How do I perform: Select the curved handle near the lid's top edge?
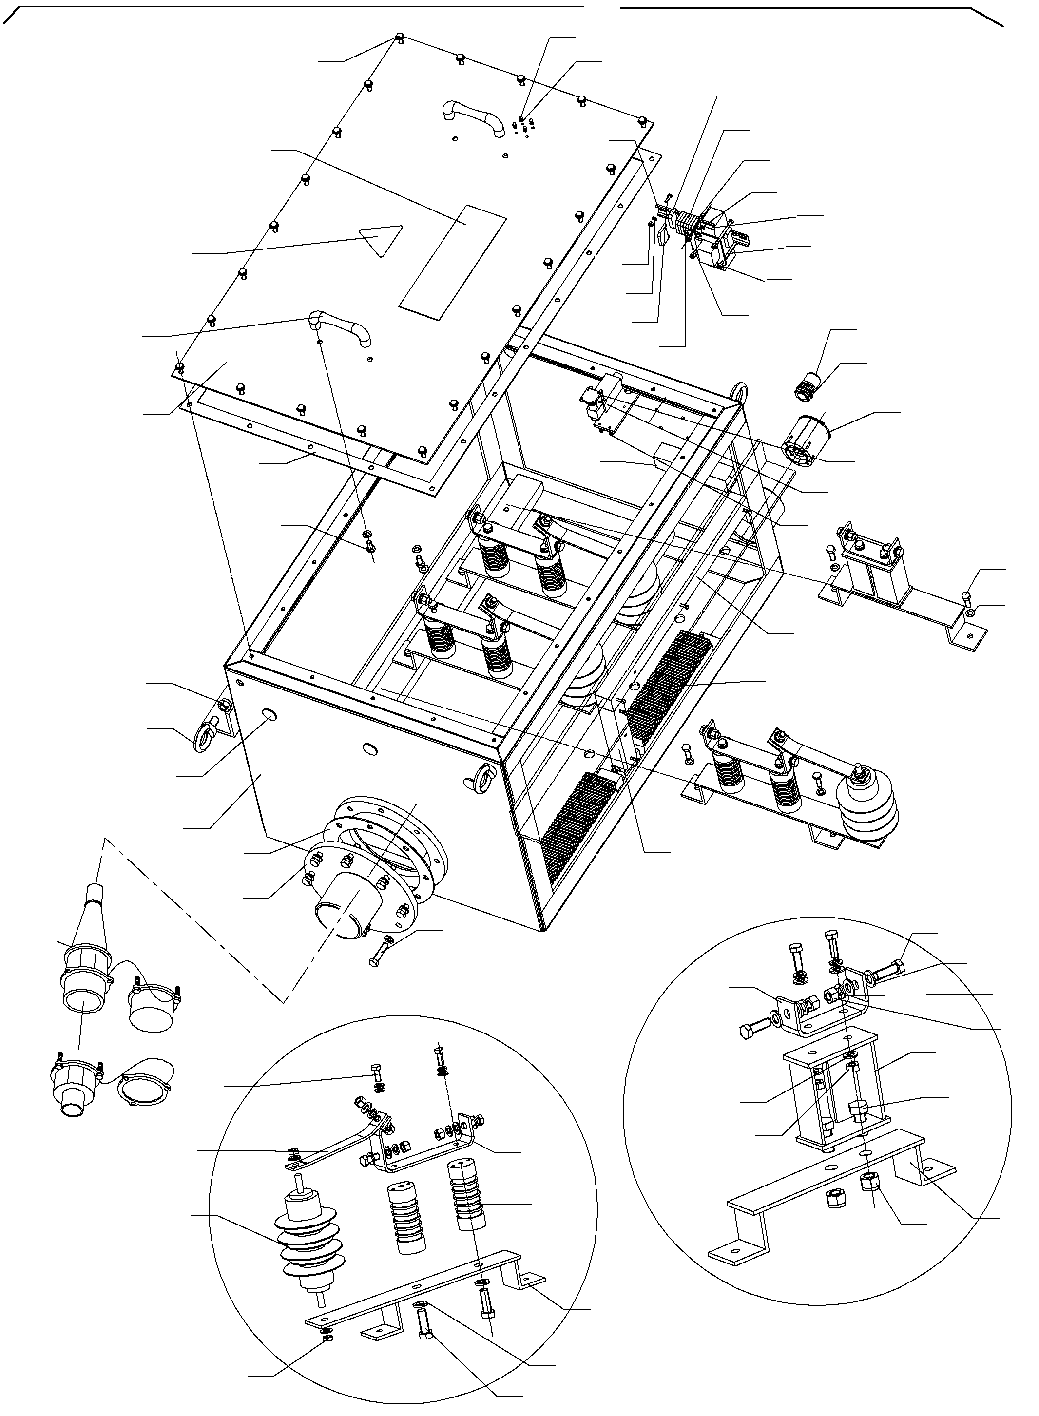pos(473,117)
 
